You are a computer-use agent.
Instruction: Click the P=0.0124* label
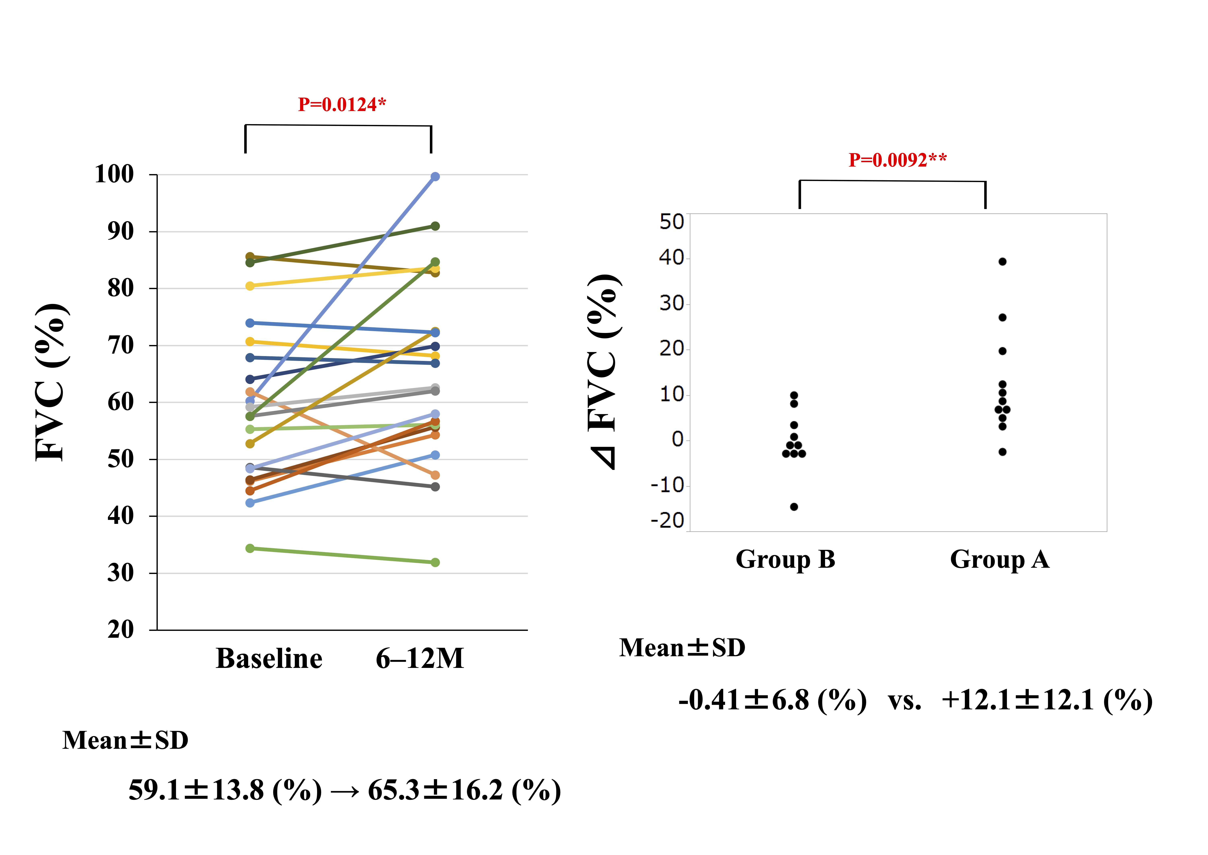[342, 105]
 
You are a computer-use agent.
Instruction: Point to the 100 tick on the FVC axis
[114, 174]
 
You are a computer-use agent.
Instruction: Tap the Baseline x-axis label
[269, 659]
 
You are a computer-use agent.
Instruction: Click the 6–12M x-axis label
[420, 659]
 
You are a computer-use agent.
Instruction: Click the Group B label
[785, 560]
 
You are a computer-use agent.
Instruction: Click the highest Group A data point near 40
[1003, 262]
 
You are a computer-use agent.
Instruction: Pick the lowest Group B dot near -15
[794, 507]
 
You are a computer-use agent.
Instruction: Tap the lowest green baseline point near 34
[250, 549]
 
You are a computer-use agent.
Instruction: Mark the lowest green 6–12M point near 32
[435, 563]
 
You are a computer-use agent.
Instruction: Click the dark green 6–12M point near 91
[435, 226]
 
